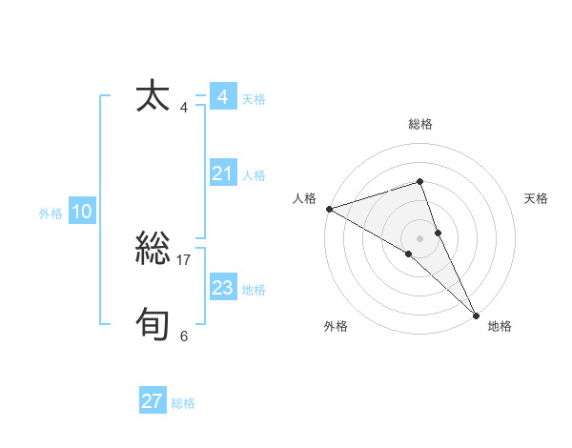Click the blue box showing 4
[222, 97]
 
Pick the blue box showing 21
[222, 173]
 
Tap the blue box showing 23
[222, 288]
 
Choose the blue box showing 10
[81, 213]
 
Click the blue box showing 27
[152, 401]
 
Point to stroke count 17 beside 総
[184, 259]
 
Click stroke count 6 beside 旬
[184, 336]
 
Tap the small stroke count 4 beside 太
[184, 107]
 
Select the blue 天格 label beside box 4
[254, 99]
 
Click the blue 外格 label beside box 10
[51, 214]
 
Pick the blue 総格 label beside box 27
[183, 403]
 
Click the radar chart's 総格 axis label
[420, 124]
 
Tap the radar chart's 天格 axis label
[536, 198]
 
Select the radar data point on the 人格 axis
[329, 208]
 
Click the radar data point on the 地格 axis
[476, 315]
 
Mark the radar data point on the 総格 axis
[420, 181]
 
